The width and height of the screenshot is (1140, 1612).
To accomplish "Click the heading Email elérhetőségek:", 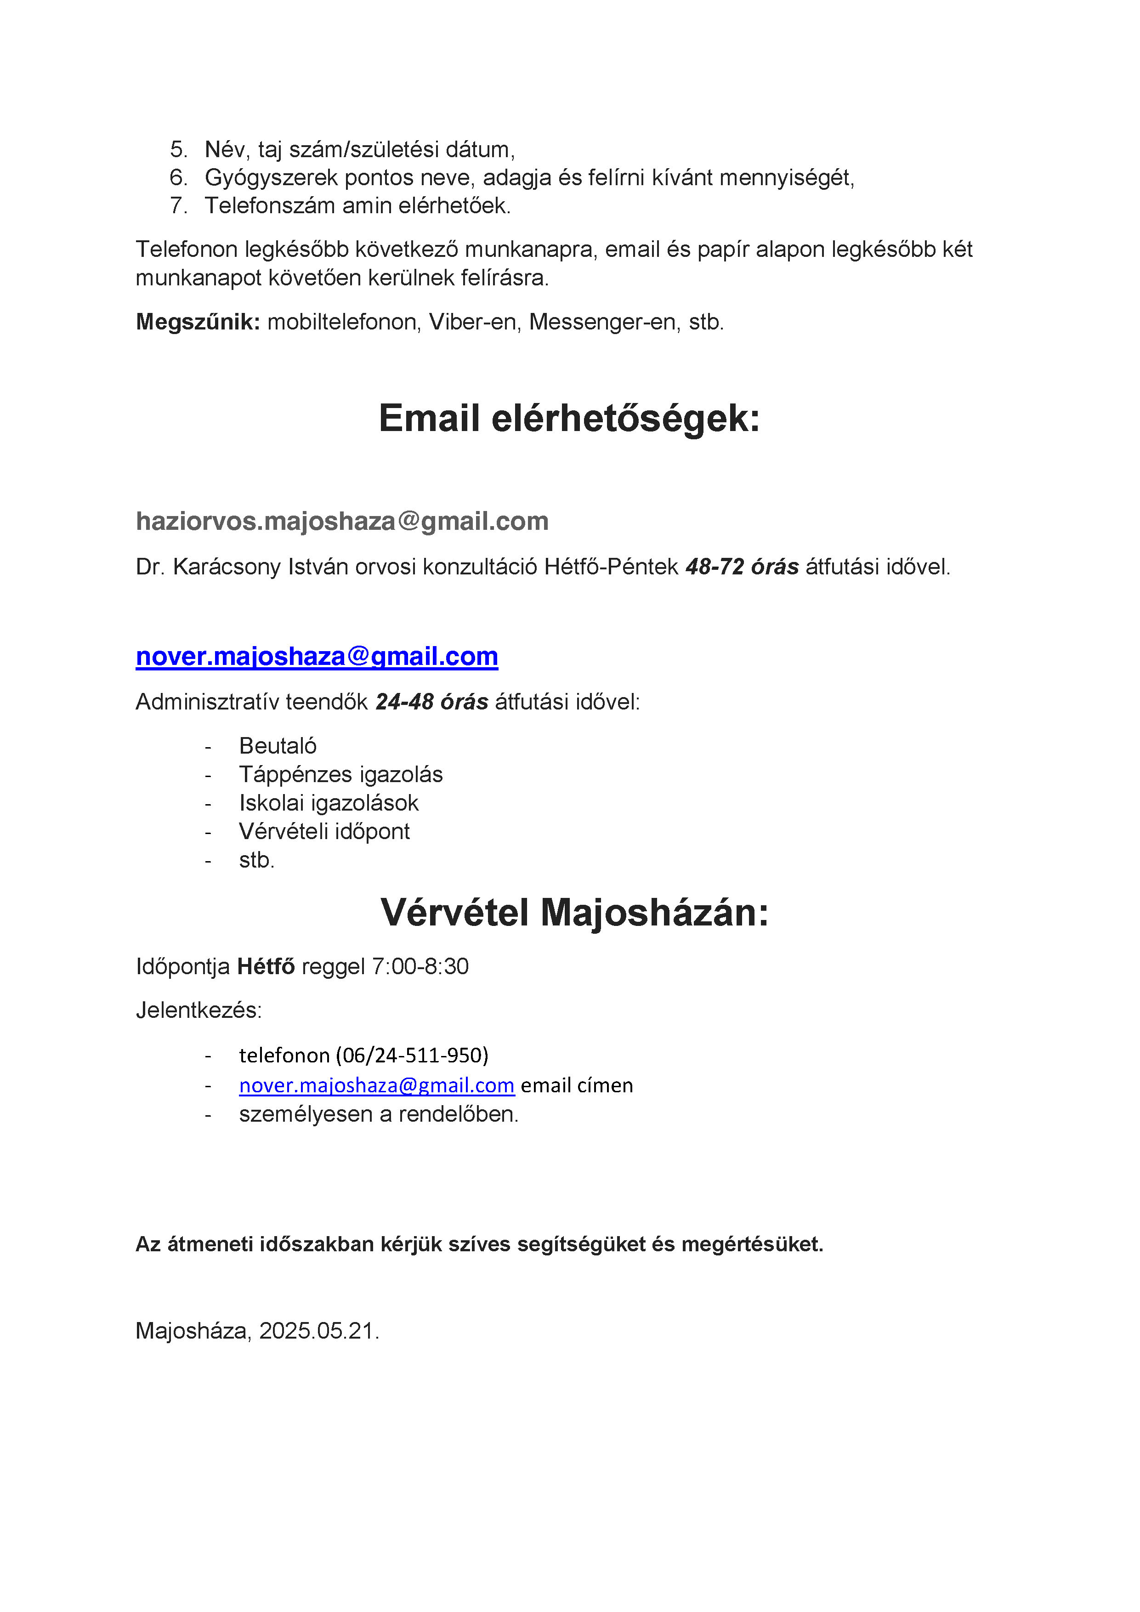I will point(569,419).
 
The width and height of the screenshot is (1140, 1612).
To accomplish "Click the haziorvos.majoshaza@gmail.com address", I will point(342,521).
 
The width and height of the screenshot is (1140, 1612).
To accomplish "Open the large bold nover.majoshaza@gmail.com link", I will point(317,657).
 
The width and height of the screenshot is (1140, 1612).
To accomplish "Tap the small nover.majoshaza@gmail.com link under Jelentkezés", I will point(376,1085).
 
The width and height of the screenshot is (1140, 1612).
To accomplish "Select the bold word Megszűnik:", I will point(198,322).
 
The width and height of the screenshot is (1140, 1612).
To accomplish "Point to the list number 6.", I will point(178,178).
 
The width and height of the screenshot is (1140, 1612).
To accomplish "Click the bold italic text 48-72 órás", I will point(742,567).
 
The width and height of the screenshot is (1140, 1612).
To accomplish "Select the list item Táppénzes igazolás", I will point(340,774).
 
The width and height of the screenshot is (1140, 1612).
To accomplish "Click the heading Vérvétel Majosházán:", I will point(574,913).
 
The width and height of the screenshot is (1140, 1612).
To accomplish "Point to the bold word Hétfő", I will point(266,967).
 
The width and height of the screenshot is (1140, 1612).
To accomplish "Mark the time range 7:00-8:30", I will point(420,967).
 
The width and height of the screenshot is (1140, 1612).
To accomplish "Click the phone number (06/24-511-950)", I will point(412,1055).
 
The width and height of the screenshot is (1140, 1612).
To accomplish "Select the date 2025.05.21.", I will point(319,1330).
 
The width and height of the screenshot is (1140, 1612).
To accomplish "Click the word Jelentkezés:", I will point(199,1010).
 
